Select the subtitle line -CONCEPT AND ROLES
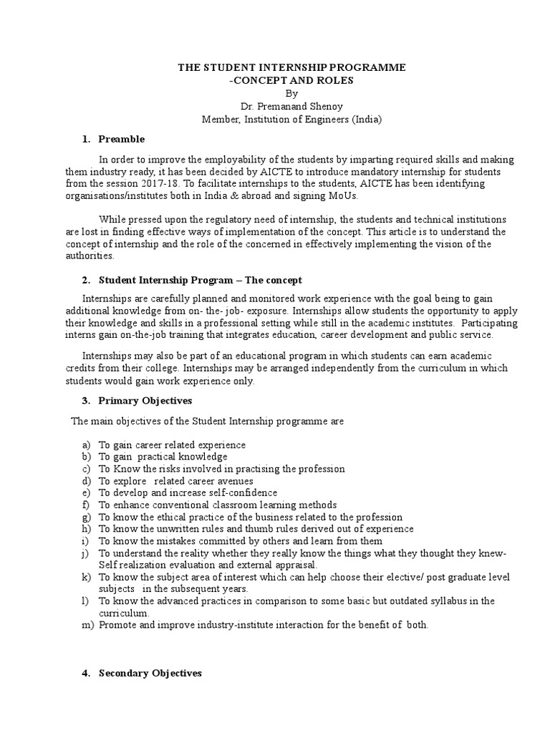pos(291,80)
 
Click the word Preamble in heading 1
pos(122,139)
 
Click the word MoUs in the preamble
pos(347,195)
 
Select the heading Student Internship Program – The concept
pos(201,280)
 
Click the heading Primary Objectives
pos(145,401)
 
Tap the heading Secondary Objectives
pos(150,673)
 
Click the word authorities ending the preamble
pos(100,256)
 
